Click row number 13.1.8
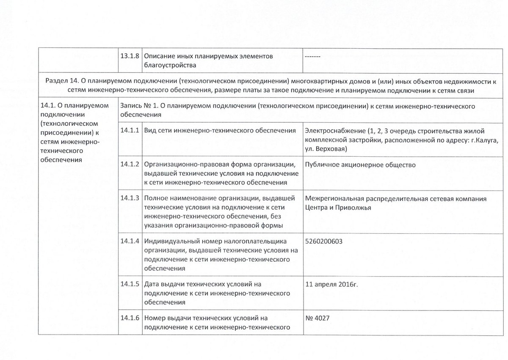pos(130,56)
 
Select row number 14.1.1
pos(130,131)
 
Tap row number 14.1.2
pos(130,164)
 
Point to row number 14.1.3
pos(130,198)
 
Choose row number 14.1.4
pos(130,241)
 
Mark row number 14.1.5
pos(130,284)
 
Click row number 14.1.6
pos(130,318)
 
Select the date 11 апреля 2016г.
pos(331,284)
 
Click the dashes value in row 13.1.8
pos(312,56)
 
